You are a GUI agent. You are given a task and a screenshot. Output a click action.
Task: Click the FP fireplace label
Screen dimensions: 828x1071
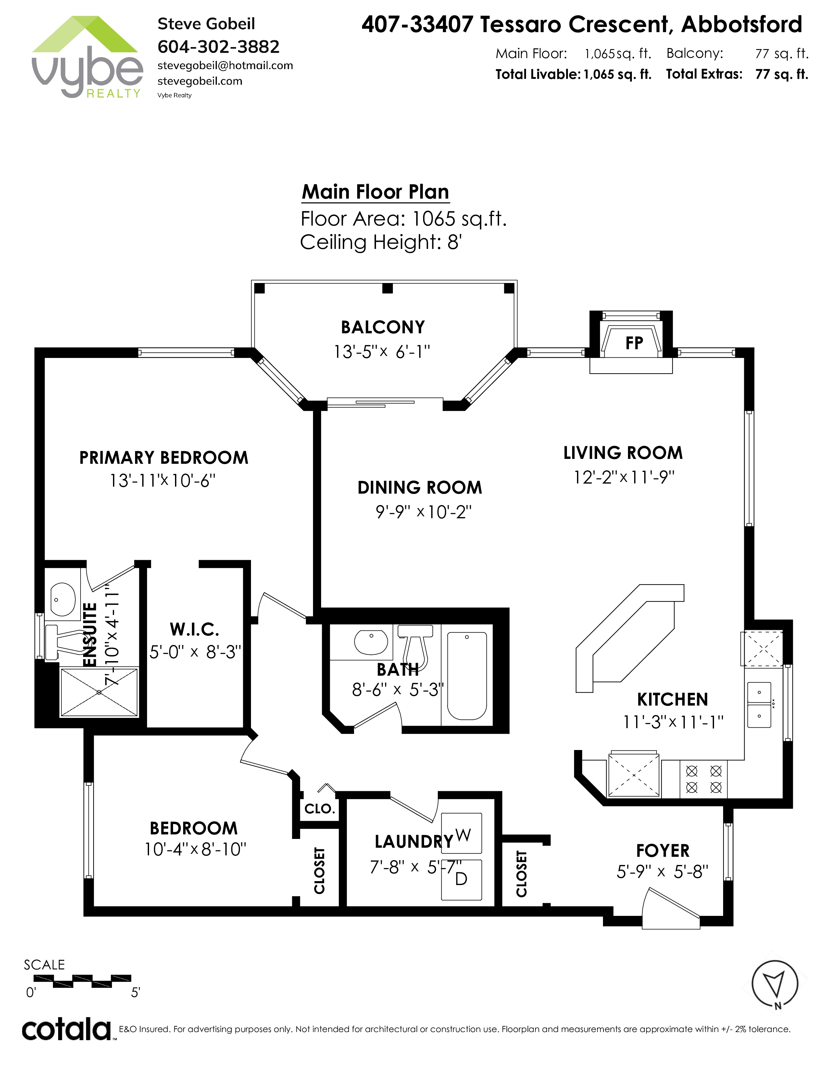click(x=634, y=343)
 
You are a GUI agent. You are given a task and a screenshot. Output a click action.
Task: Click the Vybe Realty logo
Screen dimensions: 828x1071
click(x=87, y=57)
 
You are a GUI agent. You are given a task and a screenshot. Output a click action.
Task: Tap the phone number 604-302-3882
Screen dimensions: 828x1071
click(x=218, y=47)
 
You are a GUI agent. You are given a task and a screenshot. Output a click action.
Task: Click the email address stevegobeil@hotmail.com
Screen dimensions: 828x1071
click(x=225, y=66)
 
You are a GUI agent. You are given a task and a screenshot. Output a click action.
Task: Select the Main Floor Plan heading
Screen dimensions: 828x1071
click(x=375, y=192)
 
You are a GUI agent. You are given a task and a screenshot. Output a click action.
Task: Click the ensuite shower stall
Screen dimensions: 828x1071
click(x=99, y=692)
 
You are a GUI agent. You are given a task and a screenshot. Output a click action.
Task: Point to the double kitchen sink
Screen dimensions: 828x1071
click(x=759, y=704)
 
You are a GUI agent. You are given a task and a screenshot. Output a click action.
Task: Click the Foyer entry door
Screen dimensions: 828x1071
click(x=671, y=909)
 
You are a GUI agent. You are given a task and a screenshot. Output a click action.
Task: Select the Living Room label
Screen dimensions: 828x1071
click(x=623, y=453)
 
